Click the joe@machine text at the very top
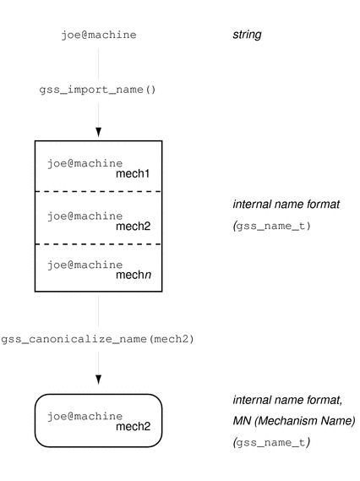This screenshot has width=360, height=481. point(98,35)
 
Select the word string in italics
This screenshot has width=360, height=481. point(247,35)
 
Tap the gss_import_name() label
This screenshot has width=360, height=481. point(98,89)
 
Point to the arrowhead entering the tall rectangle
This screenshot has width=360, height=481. point(98,132)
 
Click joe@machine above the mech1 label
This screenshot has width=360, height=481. point(85,163)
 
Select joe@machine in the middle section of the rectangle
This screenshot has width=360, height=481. point(85,215)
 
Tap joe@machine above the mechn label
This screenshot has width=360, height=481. point(85,265)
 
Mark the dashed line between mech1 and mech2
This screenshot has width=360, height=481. point(98,192)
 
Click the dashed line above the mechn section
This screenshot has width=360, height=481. point(98,243)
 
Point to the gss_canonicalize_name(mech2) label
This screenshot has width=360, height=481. point(98,339)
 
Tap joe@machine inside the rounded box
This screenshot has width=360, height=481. point(85,416)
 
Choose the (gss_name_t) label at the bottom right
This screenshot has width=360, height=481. point(263,440)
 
